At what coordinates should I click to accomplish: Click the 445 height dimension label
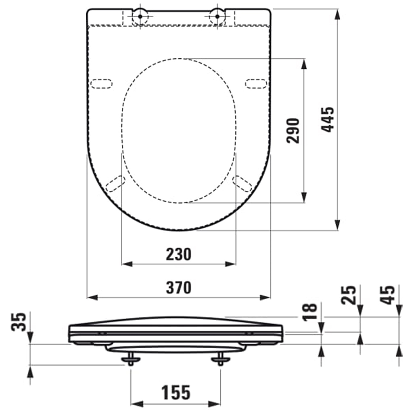click(328, 119)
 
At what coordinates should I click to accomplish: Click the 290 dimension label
click(293, 130)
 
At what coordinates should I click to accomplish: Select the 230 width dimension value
click(178, 255)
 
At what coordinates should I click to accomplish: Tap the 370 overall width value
click(178, 287)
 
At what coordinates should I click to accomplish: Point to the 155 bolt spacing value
click(176, 393)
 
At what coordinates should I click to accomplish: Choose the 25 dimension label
click(349, 294)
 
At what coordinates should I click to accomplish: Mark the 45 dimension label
click(387, 294)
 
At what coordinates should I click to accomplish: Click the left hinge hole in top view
click(140, 16)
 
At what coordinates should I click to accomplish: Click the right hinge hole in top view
click(217, 16)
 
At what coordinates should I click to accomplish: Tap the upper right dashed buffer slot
click(256, 83)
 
